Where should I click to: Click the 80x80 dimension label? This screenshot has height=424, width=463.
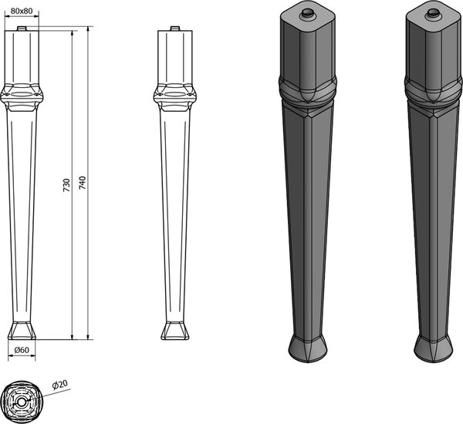(x=22, y=11)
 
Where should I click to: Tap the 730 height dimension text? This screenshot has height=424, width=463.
(x=66, y=185)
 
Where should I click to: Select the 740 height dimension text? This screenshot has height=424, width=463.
(x=83, y=183)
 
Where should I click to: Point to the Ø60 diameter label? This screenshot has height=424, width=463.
(x=22, y=350)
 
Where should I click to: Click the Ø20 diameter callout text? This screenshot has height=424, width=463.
(x=59, y=385)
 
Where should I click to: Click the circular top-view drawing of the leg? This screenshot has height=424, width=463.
(x=22, y=402)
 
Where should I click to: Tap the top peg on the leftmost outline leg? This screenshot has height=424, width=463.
(x=22, y=29)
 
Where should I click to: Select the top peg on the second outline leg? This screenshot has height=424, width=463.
(x=175, y=29)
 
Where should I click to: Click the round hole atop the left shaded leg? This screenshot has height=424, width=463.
(x=307, y=13)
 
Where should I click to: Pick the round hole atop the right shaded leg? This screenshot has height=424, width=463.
(x=433, y=13)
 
